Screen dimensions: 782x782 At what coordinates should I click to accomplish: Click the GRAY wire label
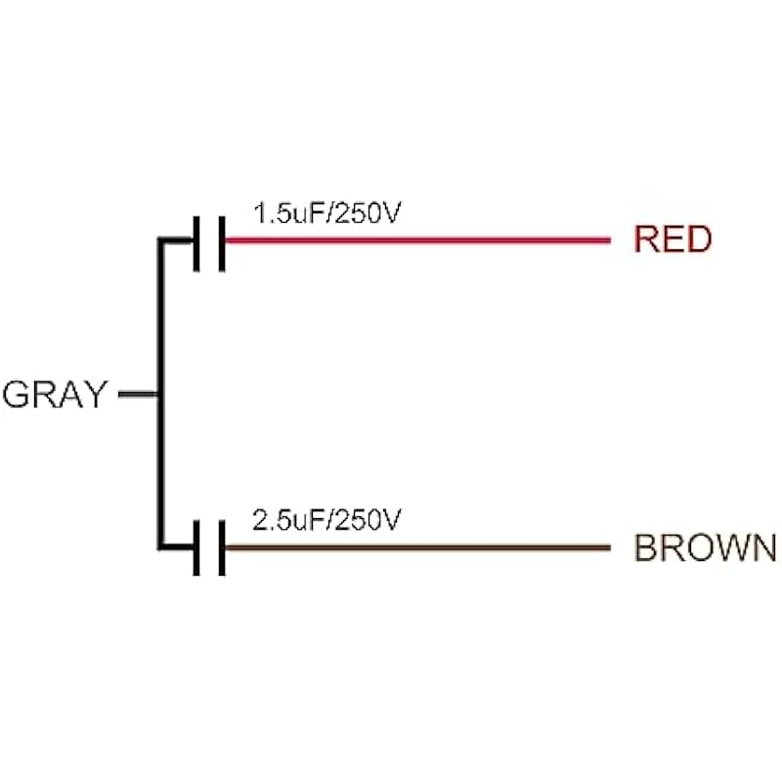click(x=54, y=394)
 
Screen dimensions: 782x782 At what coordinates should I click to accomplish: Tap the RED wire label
click(x=673, y=239)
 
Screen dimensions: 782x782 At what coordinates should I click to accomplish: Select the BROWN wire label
click(x=705, y=547)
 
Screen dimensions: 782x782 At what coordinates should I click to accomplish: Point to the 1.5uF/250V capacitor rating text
click(x=326, y=214)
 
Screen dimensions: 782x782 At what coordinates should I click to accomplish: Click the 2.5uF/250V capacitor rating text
click(x=326, y=520)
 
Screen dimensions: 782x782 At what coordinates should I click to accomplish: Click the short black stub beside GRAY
click(x=137, y=394)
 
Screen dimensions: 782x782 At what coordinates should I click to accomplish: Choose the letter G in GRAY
click(x=18, y=394)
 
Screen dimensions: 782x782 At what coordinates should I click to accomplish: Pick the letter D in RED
click(x=697, y=239)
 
